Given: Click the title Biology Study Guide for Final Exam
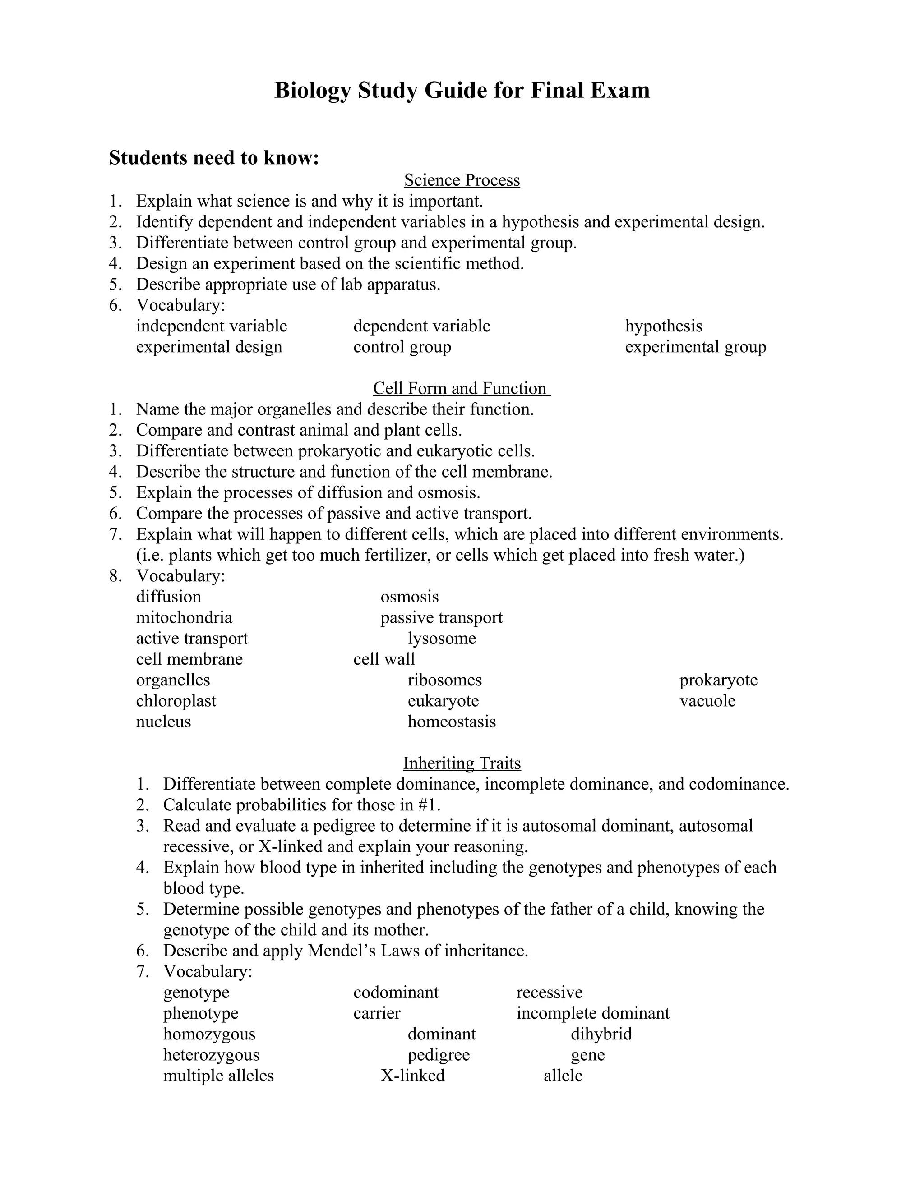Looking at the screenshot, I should [x=462, y=90].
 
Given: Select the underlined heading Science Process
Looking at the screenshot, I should [x=462, y=180].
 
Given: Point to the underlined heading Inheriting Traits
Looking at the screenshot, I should [x=462, y=763].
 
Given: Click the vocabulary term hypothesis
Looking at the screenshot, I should [x=663, y=326].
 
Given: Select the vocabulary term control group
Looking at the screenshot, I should [x=402, y=347].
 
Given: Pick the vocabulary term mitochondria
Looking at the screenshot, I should [x=184, y=618].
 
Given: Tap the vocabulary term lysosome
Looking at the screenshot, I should [x=441, y=639].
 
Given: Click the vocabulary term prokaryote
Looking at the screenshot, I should [x=718, y=680].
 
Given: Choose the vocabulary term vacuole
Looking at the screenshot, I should [x=707, y=701].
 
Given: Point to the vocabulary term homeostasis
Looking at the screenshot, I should [x=451, y=722].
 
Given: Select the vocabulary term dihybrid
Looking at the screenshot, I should [x=601, y=1034].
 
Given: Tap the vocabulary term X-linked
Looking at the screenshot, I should [x=412, y=1075].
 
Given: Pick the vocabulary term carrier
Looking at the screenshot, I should [x=377, y=1013].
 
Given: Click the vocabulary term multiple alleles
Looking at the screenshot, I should [x=218, y=1075].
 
